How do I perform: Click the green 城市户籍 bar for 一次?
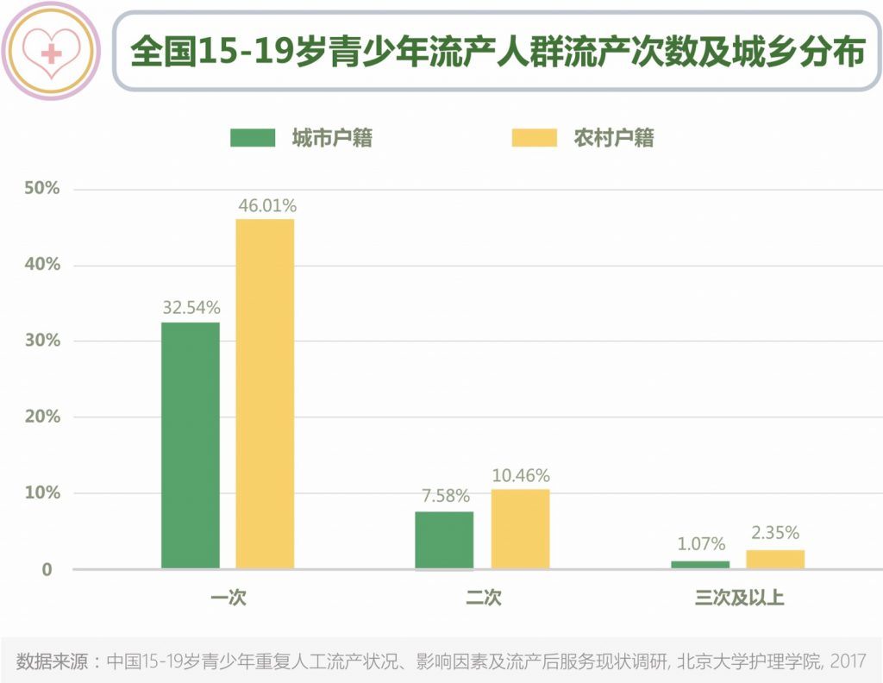point(191,445)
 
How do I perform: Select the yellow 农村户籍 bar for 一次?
point(265,394)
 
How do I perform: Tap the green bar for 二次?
point(444,541)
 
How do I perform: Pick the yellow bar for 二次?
point(520,529)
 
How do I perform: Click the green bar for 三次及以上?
point(699,564)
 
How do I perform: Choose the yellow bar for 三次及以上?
point(775,560)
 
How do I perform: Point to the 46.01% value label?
point(266,206)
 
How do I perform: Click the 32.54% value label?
point(191,307)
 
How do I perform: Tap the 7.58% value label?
point(445,496)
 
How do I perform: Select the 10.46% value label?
point(521,475)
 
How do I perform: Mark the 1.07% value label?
point(700,545)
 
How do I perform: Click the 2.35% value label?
point(775,533)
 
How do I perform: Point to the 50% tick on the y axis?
point(42,189)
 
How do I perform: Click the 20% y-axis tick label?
point(42,417)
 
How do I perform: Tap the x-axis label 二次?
point(483,598)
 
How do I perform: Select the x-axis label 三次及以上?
point(739,598)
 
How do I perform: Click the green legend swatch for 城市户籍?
point(253,138)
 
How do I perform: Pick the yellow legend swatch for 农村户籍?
point(535,138)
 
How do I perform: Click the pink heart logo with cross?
point(52,52)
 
